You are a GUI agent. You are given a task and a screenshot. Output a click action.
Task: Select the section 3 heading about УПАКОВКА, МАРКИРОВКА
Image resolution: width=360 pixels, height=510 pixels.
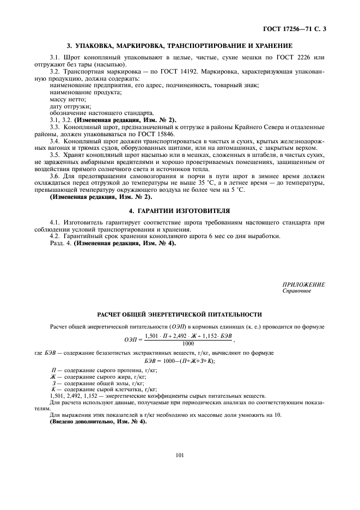180,46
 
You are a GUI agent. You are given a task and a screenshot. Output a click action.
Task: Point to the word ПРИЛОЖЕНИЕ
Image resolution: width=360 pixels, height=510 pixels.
303,286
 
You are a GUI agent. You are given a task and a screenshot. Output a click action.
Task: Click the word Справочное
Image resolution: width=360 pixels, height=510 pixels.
296,292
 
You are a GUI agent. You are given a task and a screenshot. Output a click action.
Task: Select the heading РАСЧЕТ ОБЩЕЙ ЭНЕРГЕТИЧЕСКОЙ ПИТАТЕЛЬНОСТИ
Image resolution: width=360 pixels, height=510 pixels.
180,315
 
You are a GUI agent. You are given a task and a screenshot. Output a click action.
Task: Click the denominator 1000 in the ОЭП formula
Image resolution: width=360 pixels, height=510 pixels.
188,344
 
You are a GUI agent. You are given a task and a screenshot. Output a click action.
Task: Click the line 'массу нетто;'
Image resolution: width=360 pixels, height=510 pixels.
68,99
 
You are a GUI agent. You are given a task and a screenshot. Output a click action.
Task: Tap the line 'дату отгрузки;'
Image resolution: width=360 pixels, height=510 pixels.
71,106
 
